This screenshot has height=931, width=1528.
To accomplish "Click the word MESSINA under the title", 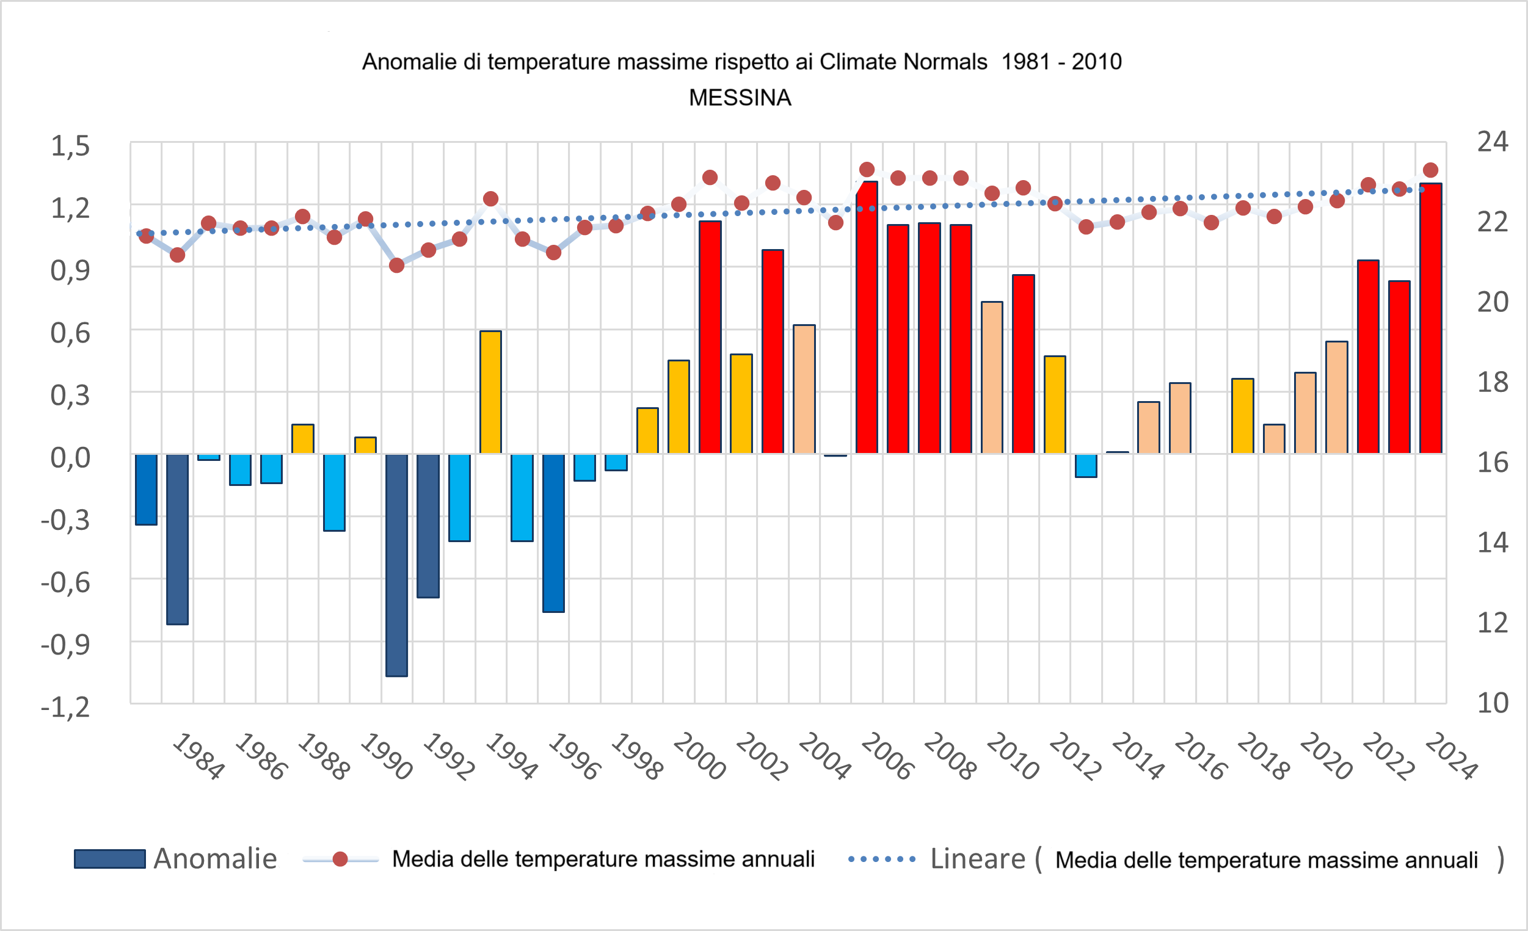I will click(x=740, y=98).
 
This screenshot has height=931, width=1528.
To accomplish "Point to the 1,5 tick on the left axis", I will click(x=70, y=147).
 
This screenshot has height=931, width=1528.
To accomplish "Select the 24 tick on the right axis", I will click(x=1493, y=142).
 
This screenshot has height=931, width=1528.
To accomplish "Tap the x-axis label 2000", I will click(x=699, y=756).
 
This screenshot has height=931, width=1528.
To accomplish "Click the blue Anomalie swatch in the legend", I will click(x=110, y=859).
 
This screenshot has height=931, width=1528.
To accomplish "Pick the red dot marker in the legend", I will click(x=340, y=859).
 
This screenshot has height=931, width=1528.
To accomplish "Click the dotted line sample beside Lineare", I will click(x=882, y=860).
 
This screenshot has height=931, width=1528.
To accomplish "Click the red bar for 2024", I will click(x=1431, y=319).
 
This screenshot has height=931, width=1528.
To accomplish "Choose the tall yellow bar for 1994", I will click(x=490, y=392).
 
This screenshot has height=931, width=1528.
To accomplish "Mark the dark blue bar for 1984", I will click(x=177, y=539).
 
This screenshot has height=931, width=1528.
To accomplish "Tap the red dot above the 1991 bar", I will click(x=397, y=266).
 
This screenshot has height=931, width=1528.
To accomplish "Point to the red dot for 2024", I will click(x=1431, y=170).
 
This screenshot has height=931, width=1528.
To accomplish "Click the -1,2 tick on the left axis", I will click(x=66, y=707).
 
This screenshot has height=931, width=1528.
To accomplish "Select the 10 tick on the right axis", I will click(x=1493, y=703).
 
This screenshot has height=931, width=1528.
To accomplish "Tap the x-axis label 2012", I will click(x=1075, y=756).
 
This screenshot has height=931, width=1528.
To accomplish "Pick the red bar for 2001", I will click(x=710, y=337).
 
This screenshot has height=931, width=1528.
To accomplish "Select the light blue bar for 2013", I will click(x=1086, y=465).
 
